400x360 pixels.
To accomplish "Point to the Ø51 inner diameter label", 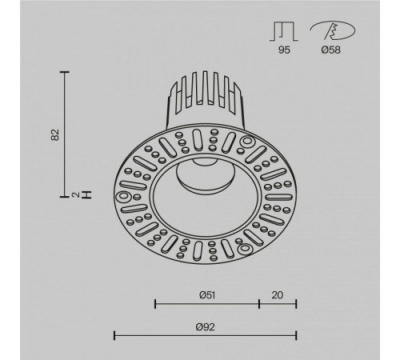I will [x=206, y=294].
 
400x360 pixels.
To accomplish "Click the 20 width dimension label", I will [x=278, y=294].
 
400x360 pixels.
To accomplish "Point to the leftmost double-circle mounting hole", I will [x=126, y=197].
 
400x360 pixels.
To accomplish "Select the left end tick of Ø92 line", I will [x=115, y=335].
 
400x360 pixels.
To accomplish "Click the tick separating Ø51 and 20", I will [x=259, y=304].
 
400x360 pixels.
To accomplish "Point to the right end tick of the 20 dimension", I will [x=297, y=304].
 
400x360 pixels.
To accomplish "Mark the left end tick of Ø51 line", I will [x=154, y=304].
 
